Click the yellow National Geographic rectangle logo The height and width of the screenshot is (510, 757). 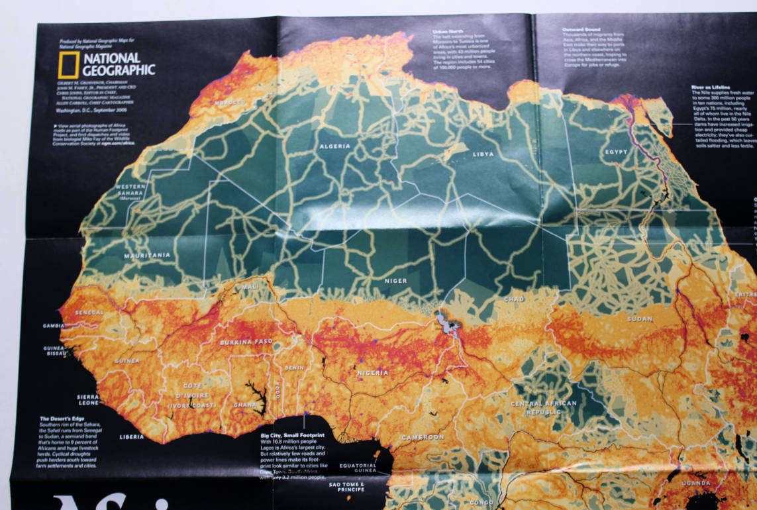click(68, 64)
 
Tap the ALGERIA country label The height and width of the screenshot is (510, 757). click(335, 146)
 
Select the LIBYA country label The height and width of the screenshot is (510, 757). click(483, 154)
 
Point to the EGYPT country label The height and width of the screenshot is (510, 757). click(616, 152)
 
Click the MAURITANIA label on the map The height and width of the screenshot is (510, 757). click(147, 255)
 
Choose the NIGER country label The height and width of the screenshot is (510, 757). click(396, 281)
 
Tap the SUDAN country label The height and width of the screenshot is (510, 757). click(640, 319)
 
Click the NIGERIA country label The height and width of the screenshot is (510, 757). click(373, 372)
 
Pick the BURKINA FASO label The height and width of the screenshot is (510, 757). click(246, 342)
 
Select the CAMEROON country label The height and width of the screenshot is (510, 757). click(423, 437)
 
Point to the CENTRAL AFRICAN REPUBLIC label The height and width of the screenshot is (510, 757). click(544, 407)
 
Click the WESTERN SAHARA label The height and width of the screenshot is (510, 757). click(131, 189)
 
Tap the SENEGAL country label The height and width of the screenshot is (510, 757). click(89, 312)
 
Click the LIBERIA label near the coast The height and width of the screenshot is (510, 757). click(131, 436)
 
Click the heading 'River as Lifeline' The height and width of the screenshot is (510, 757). click(711, 87)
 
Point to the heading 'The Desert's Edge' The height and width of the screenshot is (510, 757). click(64, 419)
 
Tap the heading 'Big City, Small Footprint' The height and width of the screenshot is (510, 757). click(292, 435)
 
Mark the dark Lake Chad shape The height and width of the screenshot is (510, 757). click(445, 324)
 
